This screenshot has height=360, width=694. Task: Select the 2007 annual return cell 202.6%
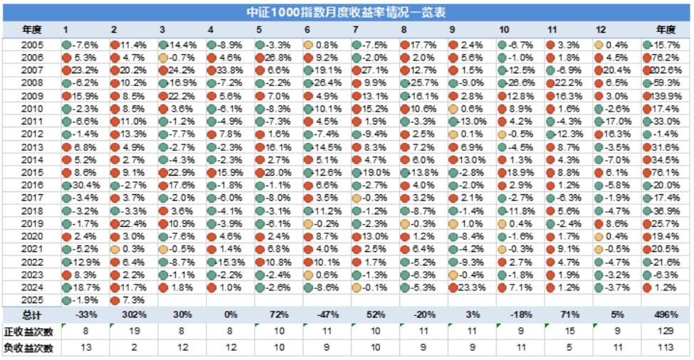665,70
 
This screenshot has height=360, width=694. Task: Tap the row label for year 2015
32,171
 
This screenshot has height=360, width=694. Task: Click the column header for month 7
355,29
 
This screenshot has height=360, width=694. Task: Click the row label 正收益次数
31,331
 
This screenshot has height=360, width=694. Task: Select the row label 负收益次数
31,348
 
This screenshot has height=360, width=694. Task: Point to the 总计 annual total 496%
665,314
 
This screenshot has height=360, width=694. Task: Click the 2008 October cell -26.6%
519,83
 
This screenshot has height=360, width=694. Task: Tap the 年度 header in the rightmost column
665,29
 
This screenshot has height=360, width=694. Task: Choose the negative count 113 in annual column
665,348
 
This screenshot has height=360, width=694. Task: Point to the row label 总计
31,314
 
